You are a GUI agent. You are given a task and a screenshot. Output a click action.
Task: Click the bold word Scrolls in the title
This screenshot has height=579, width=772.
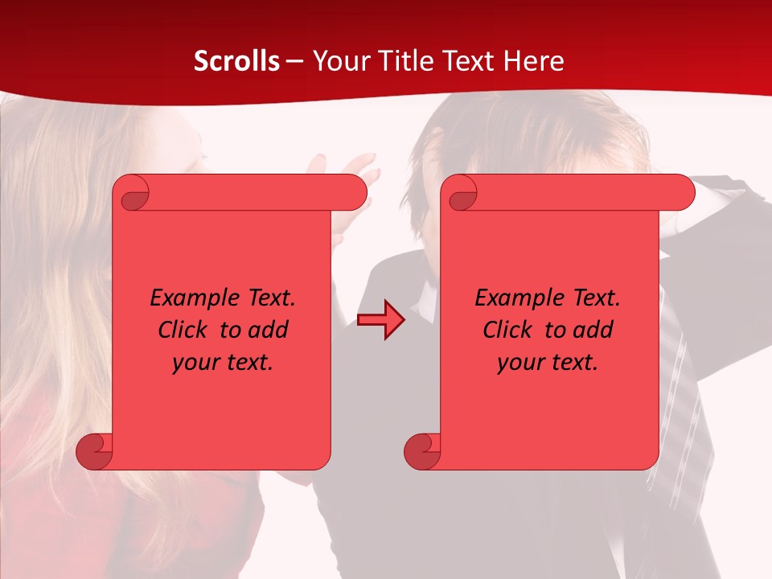click(x=236, y=61)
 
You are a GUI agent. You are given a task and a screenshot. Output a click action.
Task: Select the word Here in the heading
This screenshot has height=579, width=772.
click(x=534, y=61)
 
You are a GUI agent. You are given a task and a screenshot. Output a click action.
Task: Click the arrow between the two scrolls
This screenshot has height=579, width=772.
click(x=380, y=320)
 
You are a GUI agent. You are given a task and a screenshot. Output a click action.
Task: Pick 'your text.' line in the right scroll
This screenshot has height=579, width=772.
click(x=548, y=363)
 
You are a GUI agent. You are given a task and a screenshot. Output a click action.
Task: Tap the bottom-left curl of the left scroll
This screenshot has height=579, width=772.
click(x=95, y=450)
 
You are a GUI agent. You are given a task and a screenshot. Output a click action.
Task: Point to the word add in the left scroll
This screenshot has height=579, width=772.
click(x=269, y=330)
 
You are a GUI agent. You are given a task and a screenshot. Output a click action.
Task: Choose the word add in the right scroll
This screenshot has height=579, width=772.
click(x=594, y=330)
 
